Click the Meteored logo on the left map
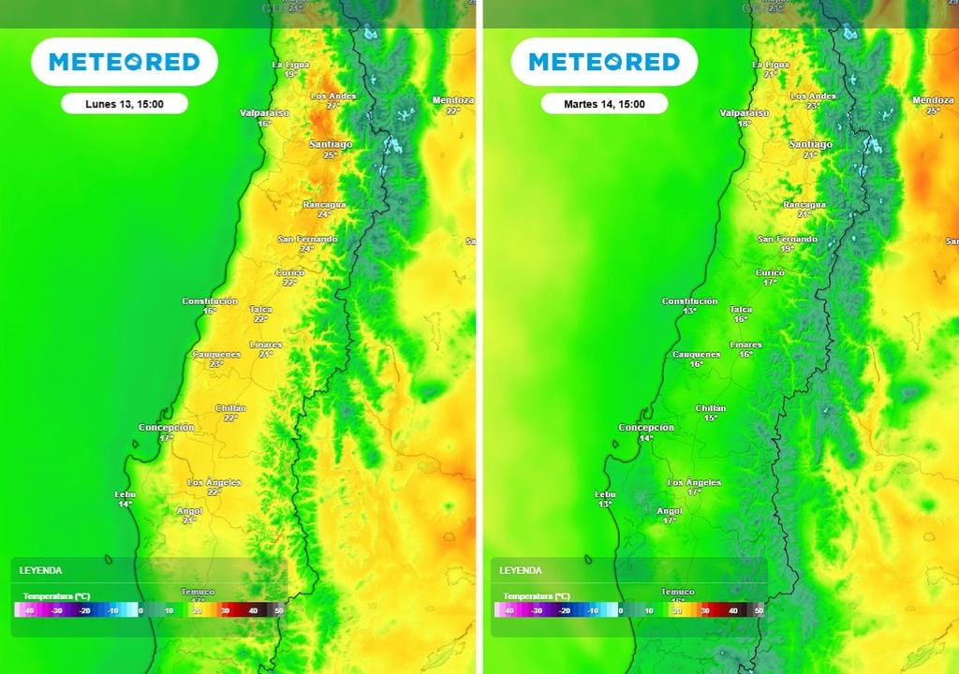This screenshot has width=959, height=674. [x=124, y=62]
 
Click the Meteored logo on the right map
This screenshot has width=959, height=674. [x=603, y=62]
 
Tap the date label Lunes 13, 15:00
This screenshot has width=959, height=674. [x=124, y=104]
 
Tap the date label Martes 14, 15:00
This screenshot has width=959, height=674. [x=603, y=104]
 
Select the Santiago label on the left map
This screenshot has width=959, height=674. [x=331, y=144]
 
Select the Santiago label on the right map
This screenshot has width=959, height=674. [x=810, y=144]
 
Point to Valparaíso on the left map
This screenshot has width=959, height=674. [x=264, y=112]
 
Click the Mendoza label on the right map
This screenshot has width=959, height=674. [x=932, y=100]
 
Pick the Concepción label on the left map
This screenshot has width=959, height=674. [x=167, y=427]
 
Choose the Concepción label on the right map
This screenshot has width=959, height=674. [x=646, y=427]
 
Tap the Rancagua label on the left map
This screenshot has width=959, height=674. [x=324, y=204]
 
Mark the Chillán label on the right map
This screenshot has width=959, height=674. [x=711, y=408]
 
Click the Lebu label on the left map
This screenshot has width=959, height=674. [x=125, y=493]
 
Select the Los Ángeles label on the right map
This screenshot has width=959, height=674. [x=694, y=482]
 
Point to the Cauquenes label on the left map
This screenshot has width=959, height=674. [x=216, y=354]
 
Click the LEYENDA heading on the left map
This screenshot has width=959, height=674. [x=40, y=569]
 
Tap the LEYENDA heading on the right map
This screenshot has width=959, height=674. [x=520, y=569]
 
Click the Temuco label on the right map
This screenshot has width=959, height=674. [x=678, y=592]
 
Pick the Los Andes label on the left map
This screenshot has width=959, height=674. [x=332, y=96]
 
